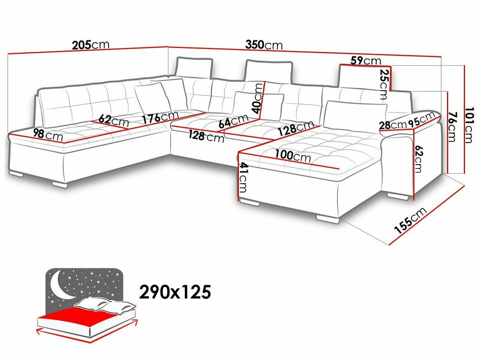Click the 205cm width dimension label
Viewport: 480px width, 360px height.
(91, 46)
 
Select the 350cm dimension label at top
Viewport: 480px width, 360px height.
(264, 45)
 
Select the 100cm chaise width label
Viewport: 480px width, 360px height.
(293, 156)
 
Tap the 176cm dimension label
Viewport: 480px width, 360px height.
(160, 117)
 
